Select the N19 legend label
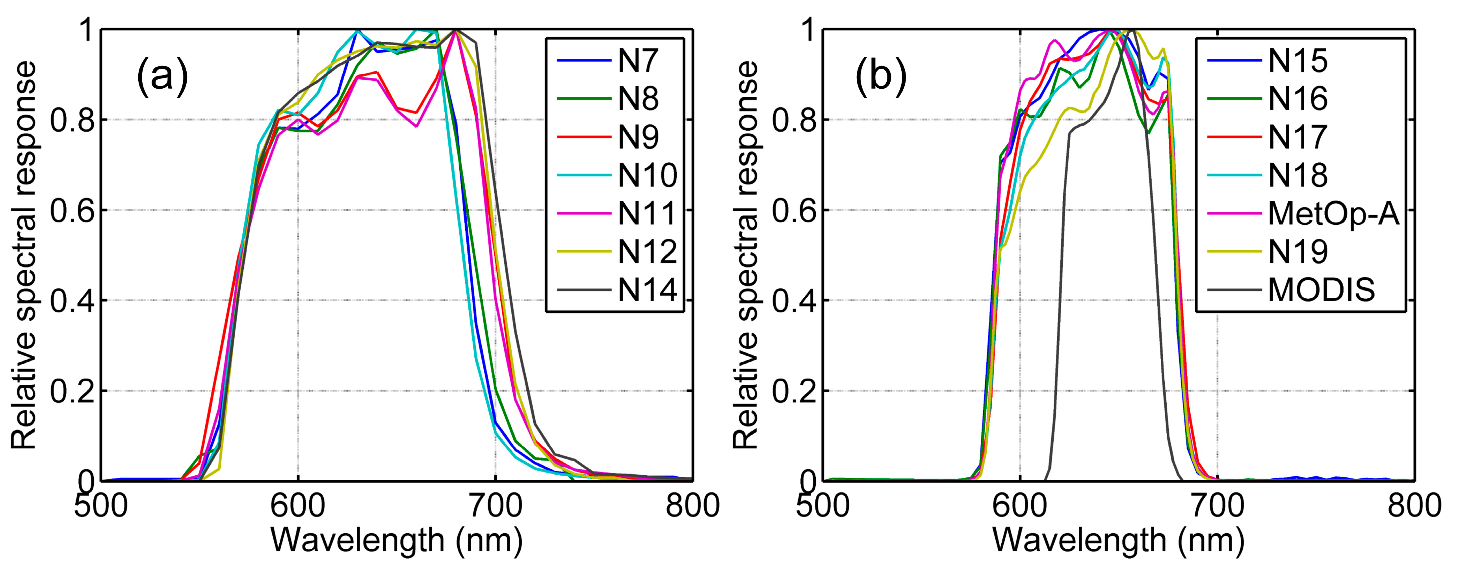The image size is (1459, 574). [x=1298, y=252]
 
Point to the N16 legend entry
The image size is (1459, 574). [x=1298, y=99]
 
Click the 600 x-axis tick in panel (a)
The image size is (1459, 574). [x=298, y=505]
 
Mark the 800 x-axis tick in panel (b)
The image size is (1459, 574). [x=1414, y=505]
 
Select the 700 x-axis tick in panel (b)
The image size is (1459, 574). [x=1217, y=505]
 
